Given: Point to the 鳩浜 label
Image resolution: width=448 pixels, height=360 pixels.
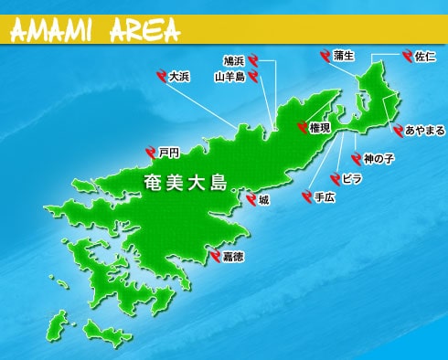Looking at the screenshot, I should pos(233,61).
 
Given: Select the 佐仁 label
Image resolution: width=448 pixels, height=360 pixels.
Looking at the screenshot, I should pos(424,57).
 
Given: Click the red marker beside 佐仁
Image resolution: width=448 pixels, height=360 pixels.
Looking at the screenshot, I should pos(405,57).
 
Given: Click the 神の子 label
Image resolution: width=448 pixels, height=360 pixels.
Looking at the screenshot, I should pos(378,158).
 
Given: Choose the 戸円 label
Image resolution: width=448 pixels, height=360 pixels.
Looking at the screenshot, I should pos(168,152).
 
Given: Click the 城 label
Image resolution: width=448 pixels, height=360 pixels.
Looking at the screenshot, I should pos(264,198).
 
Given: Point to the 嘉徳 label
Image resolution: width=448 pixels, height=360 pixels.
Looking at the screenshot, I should pos(233,257).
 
